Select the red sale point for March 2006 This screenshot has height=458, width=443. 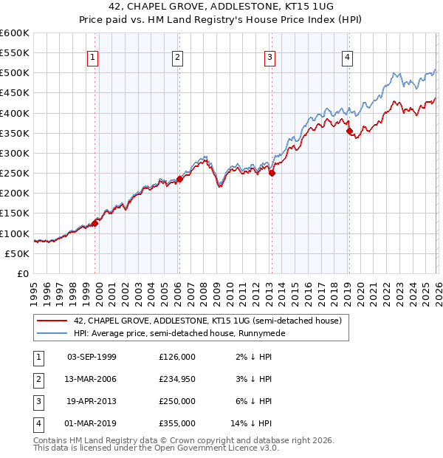coord(179,178)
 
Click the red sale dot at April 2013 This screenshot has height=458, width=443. coord(272,173)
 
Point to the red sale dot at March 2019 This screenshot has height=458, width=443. coord(349,131)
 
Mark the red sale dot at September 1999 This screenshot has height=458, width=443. coord(95,222)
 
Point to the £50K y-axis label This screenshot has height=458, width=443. coord(16,253)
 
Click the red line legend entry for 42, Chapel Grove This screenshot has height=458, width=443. coord(207,321)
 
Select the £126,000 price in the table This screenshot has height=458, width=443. coord(177,356)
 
